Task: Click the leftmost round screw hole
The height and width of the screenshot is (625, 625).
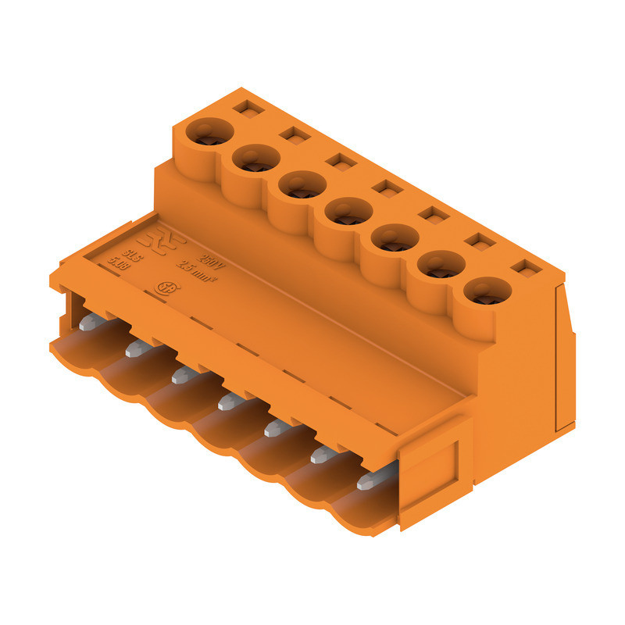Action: (208, 132)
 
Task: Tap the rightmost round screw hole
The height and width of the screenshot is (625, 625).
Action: (487, 291)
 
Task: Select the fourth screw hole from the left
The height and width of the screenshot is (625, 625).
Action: (348, 211)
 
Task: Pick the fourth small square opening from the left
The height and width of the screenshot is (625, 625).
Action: (386, 187)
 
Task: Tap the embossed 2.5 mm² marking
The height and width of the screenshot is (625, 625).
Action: (198, 273)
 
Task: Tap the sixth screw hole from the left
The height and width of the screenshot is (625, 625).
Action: (441, 265)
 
